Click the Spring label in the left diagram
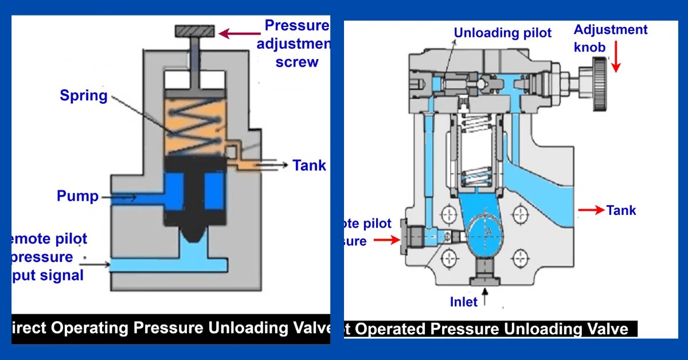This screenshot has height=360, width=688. [84, 95]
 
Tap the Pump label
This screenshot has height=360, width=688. [77, 197]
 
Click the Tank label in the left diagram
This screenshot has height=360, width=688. [309, 166]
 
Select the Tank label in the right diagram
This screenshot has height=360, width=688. [621, 210]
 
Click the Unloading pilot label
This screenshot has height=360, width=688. [502, 33]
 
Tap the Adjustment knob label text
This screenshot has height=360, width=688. [611, 38]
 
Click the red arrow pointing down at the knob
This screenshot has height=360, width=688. [616, 60]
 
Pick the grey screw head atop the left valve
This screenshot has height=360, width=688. [195, 30]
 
